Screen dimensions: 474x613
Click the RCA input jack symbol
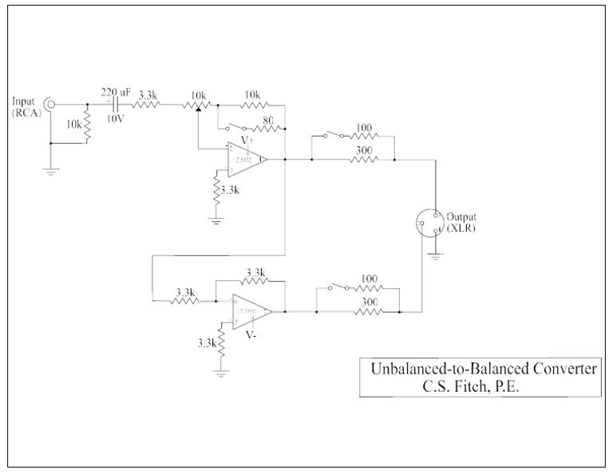pyautogui.click(x=49, y=104)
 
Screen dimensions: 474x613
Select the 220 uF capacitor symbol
pyautogui.click(x=117, y=105)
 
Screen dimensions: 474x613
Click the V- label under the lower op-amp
pyautogui.click(x=252, y=335)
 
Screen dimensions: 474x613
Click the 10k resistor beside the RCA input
pyautogui.click(x=86, y=124)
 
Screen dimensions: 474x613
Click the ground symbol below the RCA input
pyautogui.click(x=49, y=171)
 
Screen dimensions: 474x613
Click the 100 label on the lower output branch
pyautogui.click(x=369, y=278)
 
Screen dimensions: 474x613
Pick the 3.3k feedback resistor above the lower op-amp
pyautogui.click(x=255, y=282)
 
